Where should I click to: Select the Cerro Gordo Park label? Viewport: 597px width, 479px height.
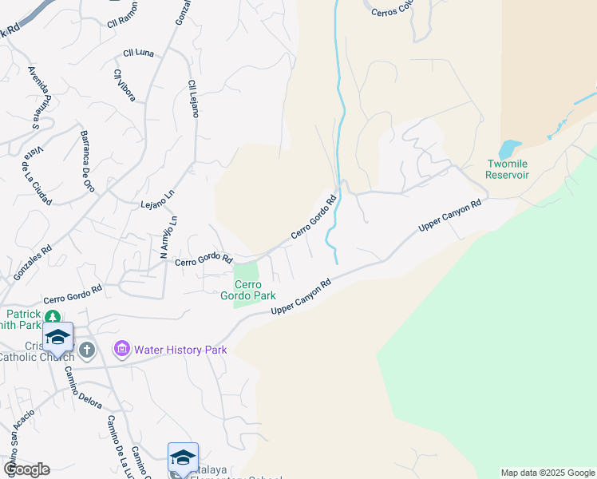254,290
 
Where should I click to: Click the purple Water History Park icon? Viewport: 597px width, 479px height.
121,349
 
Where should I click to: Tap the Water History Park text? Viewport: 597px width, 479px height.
180,350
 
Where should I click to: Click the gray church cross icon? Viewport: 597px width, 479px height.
86,349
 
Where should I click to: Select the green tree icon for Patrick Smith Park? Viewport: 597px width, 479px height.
53,318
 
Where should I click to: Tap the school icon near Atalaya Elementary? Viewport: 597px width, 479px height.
183,457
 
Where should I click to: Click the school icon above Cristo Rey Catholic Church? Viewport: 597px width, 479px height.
57,337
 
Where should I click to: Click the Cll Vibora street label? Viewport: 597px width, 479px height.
125,85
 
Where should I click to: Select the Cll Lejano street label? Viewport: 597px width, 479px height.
192,98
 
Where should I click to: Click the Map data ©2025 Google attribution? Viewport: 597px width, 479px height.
548,473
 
